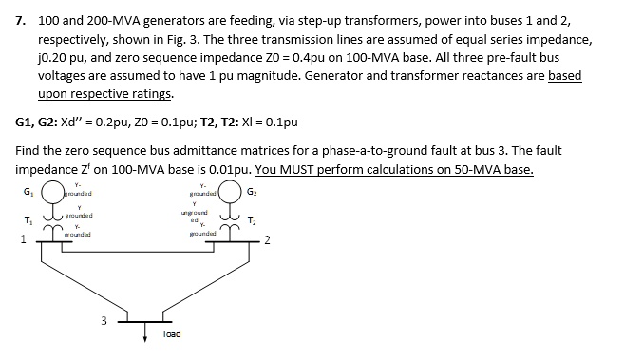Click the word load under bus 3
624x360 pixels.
click(x=172, y=334)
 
